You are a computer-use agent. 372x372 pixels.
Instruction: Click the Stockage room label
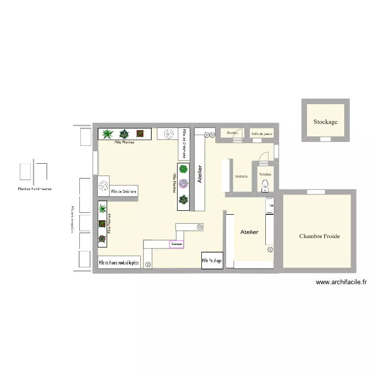[x=325, y=122]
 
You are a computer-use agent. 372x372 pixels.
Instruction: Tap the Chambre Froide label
[x=319, y=237]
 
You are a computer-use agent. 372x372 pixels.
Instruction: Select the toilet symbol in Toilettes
[x=264, y=185]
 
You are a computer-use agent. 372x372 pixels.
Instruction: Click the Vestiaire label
[x=241, y=176]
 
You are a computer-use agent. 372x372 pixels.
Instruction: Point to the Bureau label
[x=232, y=133]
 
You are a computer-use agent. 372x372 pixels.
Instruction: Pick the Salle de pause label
[x=261, y=133]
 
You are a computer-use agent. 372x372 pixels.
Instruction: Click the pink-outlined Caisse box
[x=177, y=244]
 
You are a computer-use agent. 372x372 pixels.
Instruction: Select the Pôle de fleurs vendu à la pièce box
[x=119, y=262]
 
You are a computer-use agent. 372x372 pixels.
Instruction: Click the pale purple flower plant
[x=184, y=184]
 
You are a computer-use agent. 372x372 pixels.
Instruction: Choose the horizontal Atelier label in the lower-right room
[x=249, y=232]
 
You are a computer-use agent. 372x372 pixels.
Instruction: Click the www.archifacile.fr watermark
[x=342, y=282]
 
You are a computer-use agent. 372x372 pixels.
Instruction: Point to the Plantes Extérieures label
[x=35, y=189]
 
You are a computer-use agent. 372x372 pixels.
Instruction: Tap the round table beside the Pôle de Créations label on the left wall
[x=104, y=186]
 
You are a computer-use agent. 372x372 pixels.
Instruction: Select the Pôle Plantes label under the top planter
[x=124, y=142]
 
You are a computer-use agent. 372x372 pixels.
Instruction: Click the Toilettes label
[x=265, y=175]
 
